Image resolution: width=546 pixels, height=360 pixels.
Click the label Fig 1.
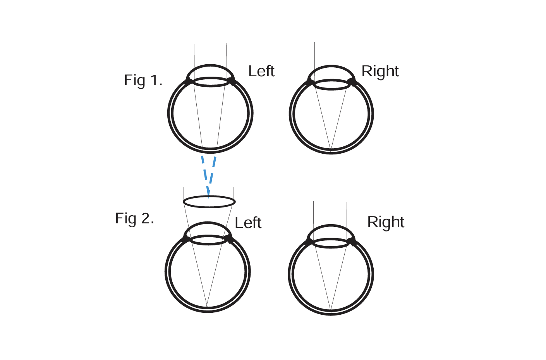click(x=143, y=81)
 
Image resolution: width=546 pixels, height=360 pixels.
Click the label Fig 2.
click(x=134, y=219)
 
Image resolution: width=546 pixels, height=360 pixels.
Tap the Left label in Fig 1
click(x=261, y=71)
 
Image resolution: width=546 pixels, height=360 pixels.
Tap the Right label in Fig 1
click(x=380, y=71)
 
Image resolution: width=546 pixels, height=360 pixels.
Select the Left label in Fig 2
click(x=248, y=223)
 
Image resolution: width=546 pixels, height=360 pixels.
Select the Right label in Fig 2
click(x=386, y=222)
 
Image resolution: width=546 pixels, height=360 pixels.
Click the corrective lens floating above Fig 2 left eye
click(x=209, y=202)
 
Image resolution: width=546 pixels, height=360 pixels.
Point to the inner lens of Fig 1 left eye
click(x=211, y=82)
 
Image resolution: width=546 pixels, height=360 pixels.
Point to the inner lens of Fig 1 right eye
click(x=331, y=85)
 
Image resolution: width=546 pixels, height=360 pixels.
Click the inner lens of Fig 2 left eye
click(x=209, y=240)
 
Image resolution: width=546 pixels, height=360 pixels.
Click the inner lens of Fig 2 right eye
click(x=331, y=243)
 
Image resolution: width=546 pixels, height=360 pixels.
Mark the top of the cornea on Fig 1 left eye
click(x=210, y=65)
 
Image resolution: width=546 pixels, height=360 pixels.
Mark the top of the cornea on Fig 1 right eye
click(x=331, y=66)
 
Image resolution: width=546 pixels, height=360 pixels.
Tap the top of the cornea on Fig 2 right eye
click(x=331, y=226)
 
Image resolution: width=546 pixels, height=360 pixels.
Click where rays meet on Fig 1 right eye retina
click(x=331, y=149)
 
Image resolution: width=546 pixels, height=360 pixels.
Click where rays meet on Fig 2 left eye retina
click(x=207, y=307)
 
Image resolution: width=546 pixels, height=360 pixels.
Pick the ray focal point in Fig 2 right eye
click(x=331, y=310)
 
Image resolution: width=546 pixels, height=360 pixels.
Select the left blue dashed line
click(x=205, y=174)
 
